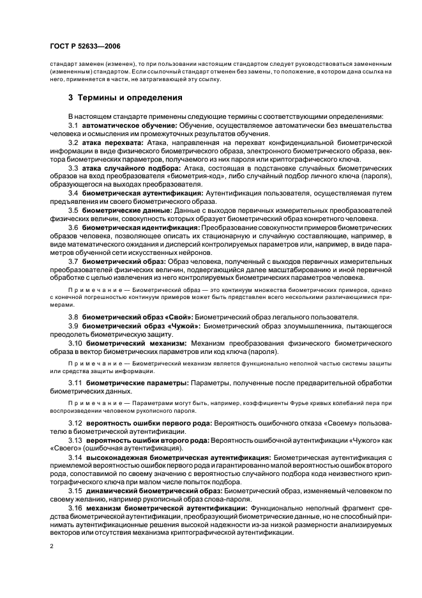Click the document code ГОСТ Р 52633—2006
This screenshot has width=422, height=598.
(x=86, y=47)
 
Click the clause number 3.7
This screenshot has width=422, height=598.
(x=73, y=261)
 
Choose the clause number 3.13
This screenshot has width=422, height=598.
(x=76, y=440)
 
